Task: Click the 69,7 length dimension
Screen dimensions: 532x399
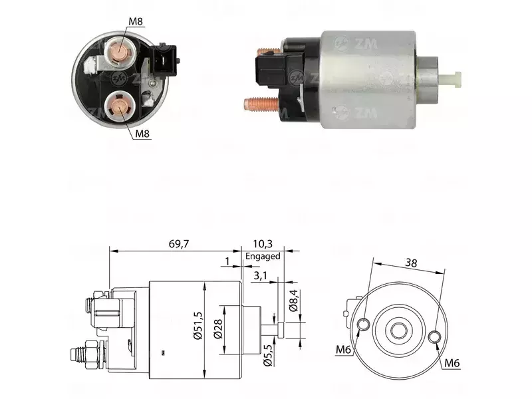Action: [178, 243]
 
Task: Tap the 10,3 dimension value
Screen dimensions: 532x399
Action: [263, 243]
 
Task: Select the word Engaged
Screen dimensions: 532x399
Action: [263, 256]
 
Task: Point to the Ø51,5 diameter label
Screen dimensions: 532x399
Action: [198, 326]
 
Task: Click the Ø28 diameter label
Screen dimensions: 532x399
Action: [218, 329]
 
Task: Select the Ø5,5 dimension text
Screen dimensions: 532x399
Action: [268, 355]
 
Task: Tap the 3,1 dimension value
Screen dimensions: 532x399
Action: [260, 275]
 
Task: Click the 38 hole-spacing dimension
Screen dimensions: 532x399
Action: [411, 263]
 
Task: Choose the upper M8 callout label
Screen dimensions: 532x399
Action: [136, 21]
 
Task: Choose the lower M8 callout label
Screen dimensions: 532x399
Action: [142, 134]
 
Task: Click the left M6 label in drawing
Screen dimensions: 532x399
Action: [343, 349]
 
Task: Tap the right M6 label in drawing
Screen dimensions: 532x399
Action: [452, 363]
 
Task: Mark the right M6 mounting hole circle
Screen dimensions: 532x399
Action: [435, 337]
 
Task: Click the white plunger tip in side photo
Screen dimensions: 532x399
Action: [452, 79]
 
